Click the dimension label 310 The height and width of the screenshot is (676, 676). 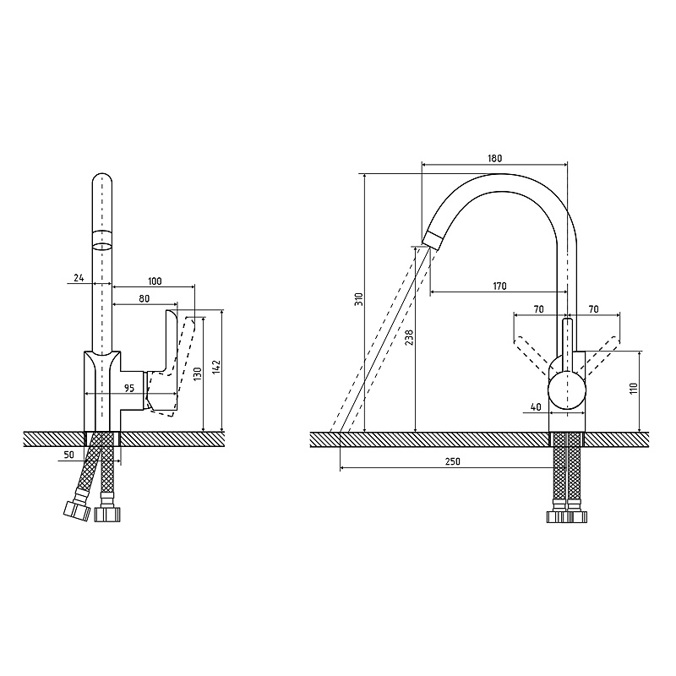point(359,299)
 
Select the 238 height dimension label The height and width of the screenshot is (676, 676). point(410,337)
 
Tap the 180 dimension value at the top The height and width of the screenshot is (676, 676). point(495,158)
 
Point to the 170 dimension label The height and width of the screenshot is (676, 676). point(499,286)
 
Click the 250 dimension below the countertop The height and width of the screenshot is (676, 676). point(453,461)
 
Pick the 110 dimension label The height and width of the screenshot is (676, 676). point(634,390)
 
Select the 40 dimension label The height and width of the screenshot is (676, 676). point(536,406)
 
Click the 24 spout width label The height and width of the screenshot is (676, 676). point(79,278)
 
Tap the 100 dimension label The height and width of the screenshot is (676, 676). point(155,281)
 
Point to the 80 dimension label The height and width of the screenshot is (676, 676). point(144,298)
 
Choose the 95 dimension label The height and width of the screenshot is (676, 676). point(129,388)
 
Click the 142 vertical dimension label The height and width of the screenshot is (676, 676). point(217,367)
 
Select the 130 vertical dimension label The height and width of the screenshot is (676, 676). point(198,373)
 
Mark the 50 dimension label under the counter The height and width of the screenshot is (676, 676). point(69,455)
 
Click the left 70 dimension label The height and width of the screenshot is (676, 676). point(539,309)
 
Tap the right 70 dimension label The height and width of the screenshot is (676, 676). point(594,309)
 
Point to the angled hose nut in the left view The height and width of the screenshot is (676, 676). point(77,511)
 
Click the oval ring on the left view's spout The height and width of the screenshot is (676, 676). point(102,247)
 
